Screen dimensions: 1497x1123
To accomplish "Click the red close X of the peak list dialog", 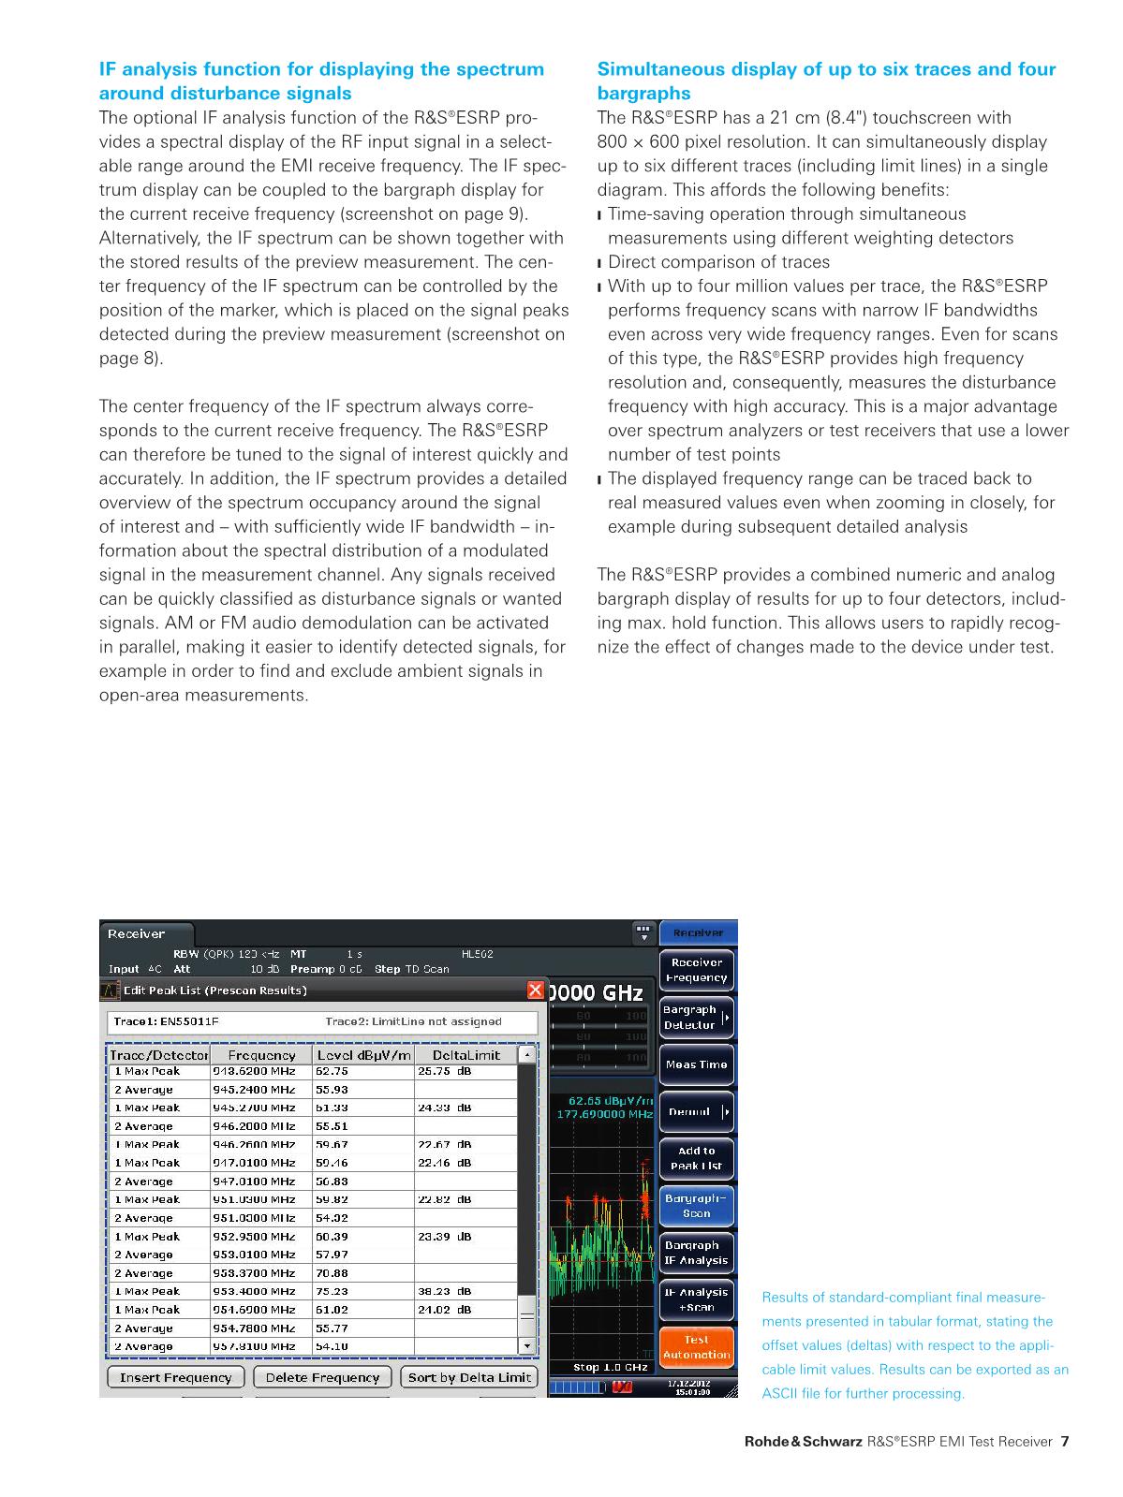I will coord(535,990).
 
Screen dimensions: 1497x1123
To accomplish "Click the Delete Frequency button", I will coord(322,1377).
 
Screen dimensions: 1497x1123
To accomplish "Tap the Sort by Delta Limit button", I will coord(470,1377).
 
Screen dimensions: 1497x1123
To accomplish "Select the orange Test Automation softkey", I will coord(696,1347).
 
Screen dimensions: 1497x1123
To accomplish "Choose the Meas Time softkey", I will coord(696,1064).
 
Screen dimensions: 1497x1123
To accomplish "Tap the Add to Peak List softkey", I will coord(696,1159).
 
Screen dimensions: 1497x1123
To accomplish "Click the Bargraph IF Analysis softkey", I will coord(696,1253).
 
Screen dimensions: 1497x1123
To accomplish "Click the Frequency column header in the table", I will coord(262,1055).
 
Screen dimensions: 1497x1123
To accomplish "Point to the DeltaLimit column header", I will coord(465,1055).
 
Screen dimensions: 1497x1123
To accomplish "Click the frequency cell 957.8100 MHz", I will coord(254,1346).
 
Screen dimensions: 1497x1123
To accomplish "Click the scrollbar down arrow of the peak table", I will coord(527,1346).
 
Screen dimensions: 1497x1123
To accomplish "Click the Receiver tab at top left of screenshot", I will coord(137,933).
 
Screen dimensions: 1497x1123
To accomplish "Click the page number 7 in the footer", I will coord(1064,1442).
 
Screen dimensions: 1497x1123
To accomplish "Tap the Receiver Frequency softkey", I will coord(696,970).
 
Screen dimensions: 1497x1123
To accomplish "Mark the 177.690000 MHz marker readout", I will coord(604,1114).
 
